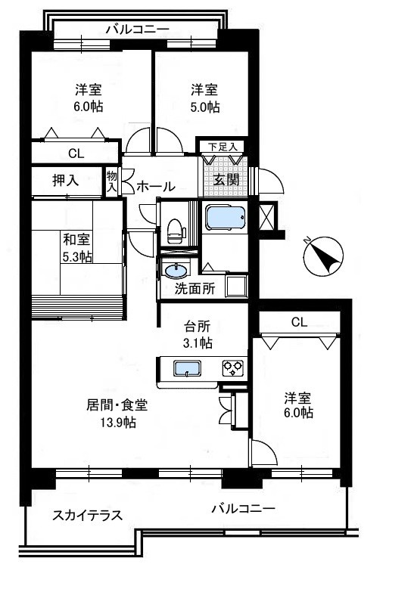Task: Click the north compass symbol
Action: pos(323,256)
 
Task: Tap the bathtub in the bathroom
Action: pos(226,218)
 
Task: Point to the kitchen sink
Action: pos(186,368)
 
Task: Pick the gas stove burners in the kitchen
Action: pos(232,368)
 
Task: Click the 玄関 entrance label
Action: pos(226,180)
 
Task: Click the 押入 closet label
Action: pos(66,181)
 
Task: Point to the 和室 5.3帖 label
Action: pos(77,248)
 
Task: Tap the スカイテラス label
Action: pos(87,516)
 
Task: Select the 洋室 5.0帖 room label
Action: pos(205,98)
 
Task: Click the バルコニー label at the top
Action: pos(137,29)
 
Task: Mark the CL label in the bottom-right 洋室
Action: pos(300,322)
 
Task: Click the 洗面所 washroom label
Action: pos(195,289)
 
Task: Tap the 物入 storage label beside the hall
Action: pos(112,181)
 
